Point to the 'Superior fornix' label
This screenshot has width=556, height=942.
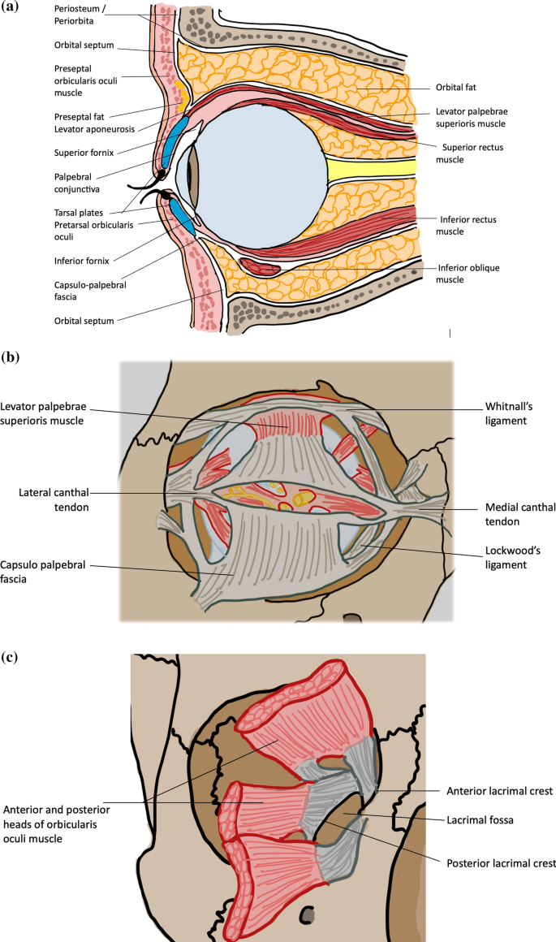tap(83, 152)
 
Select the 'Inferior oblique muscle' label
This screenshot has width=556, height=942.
tap(471, 273)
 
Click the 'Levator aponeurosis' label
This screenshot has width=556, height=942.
tap(93, 129)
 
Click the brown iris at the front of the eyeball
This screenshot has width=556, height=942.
tap(194, 176)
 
